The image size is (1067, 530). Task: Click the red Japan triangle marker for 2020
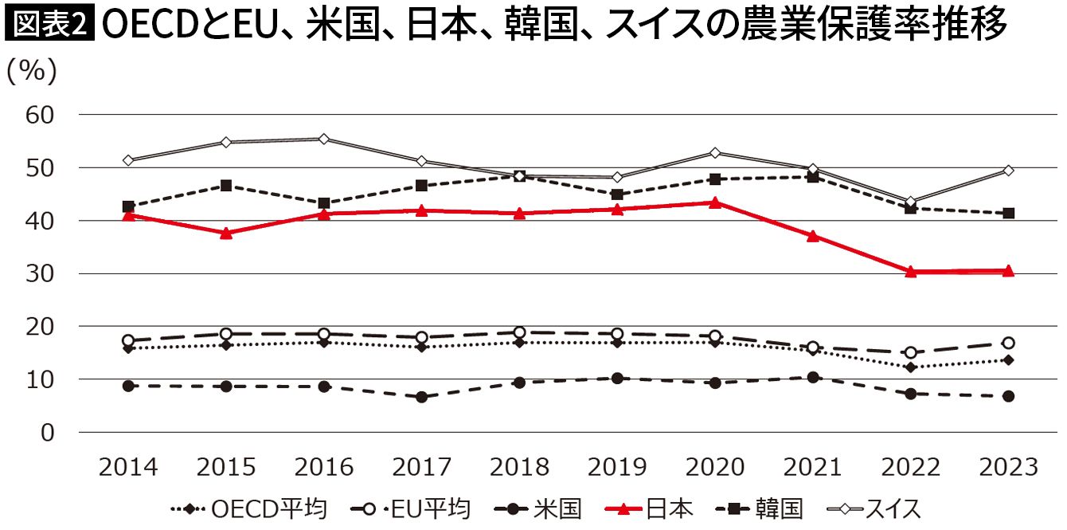[714, 202]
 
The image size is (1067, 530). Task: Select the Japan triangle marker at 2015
[226, 233]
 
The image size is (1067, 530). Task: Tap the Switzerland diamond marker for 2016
[323, 139]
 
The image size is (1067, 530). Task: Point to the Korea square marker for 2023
[1008, 214]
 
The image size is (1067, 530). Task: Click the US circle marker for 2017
[421, 397]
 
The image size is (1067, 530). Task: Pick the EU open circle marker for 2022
[910, 353]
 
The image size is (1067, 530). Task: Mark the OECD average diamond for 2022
[910, 367]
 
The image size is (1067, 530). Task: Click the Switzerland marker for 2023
[1008, 171]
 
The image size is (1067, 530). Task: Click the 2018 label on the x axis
[519, 467]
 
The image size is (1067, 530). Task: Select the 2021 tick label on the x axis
[812, 467]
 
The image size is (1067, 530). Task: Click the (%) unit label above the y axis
[32, 72]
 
